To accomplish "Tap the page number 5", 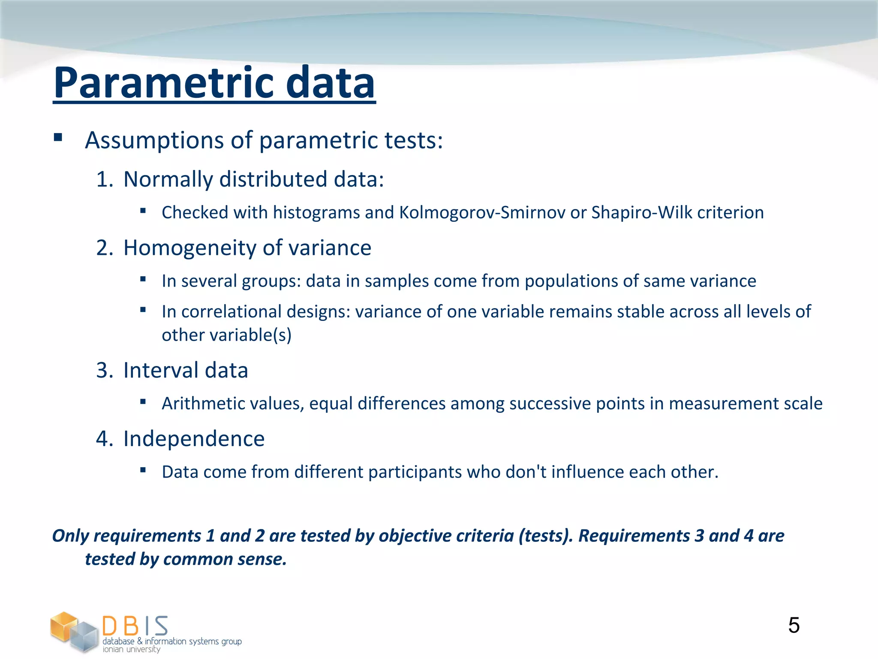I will (x=794, y=625).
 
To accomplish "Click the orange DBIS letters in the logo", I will (x=135, y=626).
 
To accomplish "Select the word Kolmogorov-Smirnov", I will (x=482, y=212).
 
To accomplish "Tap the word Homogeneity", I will (x=189, y=248).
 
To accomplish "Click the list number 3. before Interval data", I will (x=104, y=370).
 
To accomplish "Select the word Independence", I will (x=194, y=438).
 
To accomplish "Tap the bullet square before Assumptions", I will (x=58, y=138).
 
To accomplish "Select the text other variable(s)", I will (x=226, y=335).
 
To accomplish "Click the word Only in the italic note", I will (x=70, y=536).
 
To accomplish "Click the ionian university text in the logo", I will (x=131, y=649).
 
